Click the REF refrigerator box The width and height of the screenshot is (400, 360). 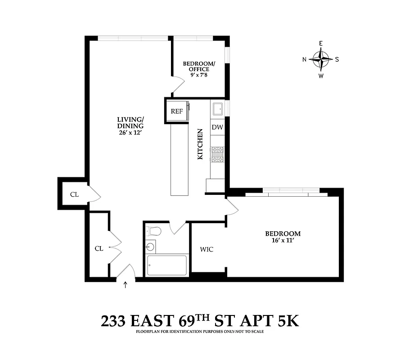(176, 111)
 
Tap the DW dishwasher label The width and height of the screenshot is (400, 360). (217, 128)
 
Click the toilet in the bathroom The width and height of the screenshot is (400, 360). (154, 231)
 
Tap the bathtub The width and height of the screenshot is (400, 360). (166, 265)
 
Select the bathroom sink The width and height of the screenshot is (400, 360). (150, 246)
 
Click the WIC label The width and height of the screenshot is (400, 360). (207, 249)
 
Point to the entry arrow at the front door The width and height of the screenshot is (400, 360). (126, 284)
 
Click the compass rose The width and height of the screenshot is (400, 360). (321, 59)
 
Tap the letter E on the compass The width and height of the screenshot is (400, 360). (321, 43)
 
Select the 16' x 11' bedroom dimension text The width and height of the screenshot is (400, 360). (283, 241)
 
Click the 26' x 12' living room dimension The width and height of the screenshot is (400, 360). (130, 133)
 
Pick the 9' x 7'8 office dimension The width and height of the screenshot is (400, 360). (198, 75)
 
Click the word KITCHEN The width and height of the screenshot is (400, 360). (200, 144)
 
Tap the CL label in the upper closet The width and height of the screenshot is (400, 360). (74, 195)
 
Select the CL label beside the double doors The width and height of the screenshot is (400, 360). (99, 248)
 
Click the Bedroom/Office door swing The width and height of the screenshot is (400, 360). (179, 84)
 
